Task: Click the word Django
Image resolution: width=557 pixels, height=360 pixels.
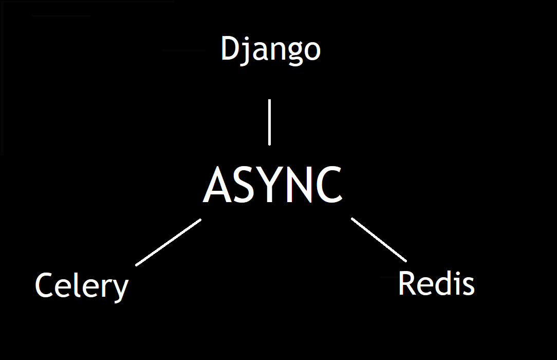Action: pos(270,50)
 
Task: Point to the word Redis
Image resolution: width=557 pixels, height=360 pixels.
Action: pos(436,283)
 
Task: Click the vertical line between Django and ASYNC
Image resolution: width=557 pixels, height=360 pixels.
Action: pos(269,122)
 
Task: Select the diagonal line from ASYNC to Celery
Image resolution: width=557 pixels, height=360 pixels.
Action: pos(169,242)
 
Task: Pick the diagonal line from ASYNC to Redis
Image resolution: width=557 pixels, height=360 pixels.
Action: pos(379,240)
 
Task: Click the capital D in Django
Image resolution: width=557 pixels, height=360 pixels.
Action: pos(230,49)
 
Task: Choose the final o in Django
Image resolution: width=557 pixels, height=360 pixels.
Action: pos(311,51)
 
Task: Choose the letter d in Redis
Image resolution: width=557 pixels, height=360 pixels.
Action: pos(443,283)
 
